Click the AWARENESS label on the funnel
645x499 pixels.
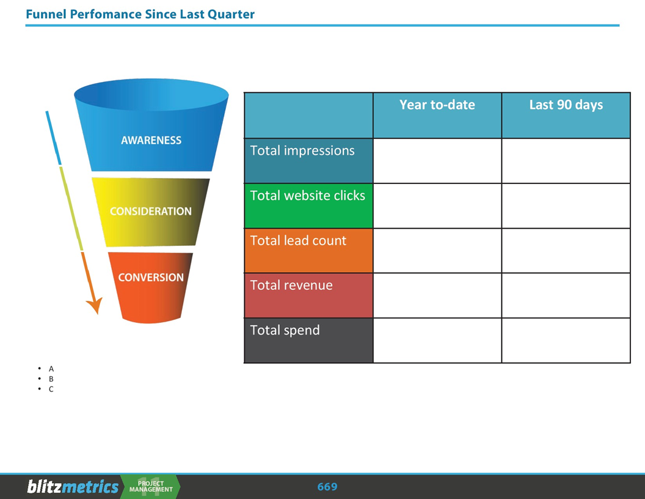point(151,140)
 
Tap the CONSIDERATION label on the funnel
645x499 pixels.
point(150,211)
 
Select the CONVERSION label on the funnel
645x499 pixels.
point(150,277)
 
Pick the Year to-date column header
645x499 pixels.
point(437,105)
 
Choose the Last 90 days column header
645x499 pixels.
point(566,105)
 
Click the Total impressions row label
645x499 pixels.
point(302,150)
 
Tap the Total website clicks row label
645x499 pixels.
point(307,196)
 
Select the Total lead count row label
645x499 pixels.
point(298,240)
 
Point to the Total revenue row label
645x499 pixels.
point(291,285)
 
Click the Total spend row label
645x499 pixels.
point(285,330)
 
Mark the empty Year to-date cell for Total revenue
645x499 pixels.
point(437,295)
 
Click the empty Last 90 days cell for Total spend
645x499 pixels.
point(566,340)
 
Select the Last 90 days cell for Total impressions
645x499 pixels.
point(566,161)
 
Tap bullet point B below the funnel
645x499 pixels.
point(51,379)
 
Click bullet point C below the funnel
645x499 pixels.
point(51,389)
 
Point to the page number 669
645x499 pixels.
point(327,487)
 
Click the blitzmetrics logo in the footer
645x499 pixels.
point(73,487)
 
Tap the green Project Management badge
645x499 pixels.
point(151,487)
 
